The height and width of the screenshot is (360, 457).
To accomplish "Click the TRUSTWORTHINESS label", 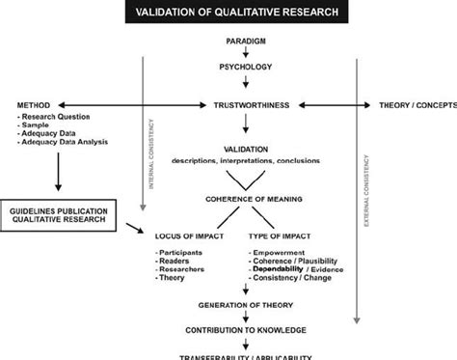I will pyautogui.click(x=249, y=104).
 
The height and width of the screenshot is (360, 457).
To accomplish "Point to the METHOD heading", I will pyautogui.click(x=34, y=104).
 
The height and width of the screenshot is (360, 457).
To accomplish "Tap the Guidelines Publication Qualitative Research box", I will pyautogui.click(x=60, y=214).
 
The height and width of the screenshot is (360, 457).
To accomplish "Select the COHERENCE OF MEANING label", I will pyautogui.click(x=248, y=199).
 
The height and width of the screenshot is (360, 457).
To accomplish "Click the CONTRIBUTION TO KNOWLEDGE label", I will pyautogui.click(x=248, y=330).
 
